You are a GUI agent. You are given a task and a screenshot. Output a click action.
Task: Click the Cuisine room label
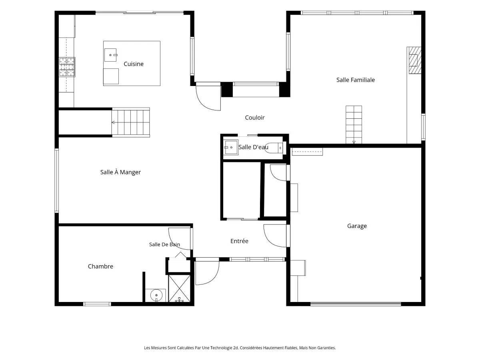pos(133,64)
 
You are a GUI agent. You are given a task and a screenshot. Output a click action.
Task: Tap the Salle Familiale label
pos(355,80)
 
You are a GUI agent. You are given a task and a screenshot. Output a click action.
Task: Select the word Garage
pos(357,226)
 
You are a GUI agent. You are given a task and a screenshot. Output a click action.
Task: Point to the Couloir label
pos(254,118)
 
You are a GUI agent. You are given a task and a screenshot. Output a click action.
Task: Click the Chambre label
pos(100,266)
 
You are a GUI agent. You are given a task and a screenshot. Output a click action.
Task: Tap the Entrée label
pos(239,241)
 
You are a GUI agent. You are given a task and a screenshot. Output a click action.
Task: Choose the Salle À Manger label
pos(120,172)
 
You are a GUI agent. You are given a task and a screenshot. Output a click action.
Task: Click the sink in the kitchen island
pos(110,55)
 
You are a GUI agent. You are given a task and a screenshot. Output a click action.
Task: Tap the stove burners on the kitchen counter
pos(67,67)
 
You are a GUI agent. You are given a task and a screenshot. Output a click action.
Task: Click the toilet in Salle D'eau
pos(274,148)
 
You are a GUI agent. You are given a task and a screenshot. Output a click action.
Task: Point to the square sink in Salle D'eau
pos(231,147)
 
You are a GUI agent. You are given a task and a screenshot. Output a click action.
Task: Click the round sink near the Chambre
pos(156,295)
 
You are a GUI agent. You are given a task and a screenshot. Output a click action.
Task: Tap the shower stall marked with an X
pos(179,288)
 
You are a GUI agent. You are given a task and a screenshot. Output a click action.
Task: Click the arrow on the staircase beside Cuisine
pos(113,122)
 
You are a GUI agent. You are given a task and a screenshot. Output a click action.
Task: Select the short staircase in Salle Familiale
pos(354,124)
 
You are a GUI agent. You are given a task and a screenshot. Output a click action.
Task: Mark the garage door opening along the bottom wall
pos(356,304)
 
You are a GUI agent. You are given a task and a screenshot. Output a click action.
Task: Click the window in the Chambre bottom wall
pos(97,304)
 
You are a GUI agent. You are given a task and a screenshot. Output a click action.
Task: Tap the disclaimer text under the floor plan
pos(240,348)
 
